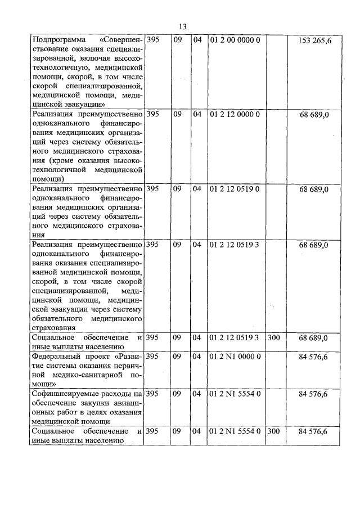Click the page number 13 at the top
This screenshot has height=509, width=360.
pos(182,26)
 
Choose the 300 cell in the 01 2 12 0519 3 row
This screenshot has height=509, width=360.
pos(274,337)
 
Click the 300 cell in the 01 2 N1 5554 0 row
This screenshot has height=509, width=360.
pos(274,431)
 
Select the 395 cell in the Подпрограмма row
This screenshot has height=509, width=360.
pos(152,40)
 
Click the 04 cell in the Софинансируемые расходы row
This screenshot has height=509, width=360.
pos(197,393)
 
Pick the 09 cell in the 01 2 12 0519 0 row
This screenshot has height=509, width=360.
pos(177,189)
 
